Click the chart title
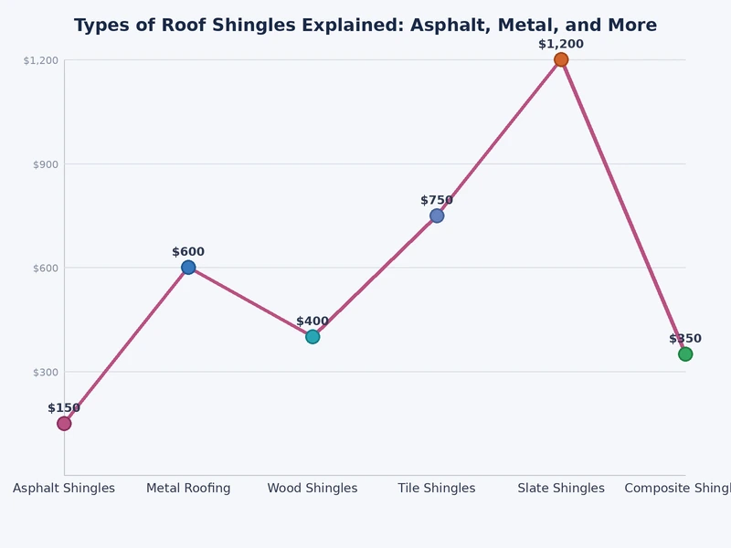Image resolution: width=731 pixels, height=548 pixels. [x=365, y=26]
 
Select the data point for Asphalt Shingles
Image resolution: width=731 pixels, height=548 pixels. [x=64, y=423]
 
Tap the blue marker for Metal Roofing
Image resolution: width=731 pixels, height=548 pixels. [x=188, y=268]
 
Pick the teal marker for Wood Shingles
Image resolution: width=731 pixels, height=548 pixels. [x=313, y=336]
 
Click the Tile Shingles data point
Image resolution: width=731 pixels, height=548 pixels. [x=437, y=216]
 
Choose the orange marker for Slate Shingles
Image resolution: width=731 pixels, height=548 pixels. [x=561, y=59]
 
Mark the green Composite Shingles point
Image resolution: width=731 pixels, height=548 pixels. [x=685, y=353]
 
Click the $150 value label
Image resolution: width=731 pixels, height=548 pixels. [x=64, y=408]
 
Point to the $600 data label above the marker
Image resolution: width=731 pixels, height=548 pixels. [x=188, y=252]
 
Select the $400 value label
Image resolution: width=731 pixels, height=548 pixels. [x=313, y=321]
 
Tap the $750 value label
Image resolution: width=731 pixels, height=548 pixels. [x=437, y=200]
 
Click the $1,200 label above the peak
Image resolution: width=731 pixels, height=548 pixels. [x=561, y=44]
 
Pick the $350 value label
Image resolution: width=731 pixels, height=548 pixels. [x=685, y=339]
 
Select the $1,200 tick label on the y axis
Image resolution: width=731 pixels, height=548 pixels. [x=40, y=60]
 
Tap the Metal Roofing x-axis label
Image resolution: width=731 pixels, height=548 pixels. [x=188, y=489]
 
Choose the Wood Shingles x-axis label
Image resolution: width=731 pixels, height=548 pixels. [x=313, y=489]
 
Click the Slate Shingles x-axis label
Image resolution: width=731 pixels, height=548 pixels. [x=561, y=489]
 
